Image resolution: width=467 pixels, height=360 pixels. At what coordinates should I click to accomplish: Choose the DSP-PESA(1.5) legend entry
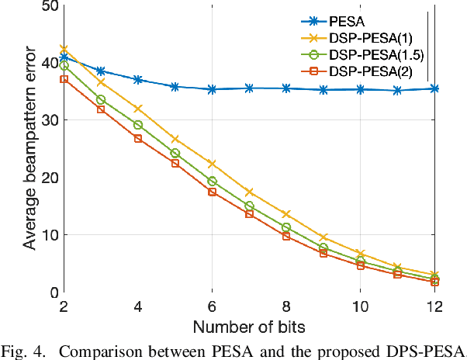tap(373, 55)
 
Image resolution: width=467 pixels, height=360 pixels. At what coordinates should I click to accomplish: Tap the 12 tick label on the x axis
tap(434, 306)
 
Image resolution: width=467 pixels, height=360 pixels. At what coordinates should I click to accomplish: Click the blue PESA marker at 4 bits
tap(138, 80)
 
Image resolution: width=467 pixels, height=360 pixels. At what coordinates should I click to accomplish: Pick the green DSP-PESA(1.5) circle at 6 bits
tap(212, 181)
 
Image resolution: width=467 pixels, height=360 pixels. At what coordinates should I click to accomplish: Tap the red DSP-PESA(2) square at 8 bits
tap(286, 236)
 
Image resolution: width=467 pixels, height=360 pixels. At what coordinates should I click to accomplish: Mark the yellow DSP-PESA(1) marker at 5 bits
tap(175, 139)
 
